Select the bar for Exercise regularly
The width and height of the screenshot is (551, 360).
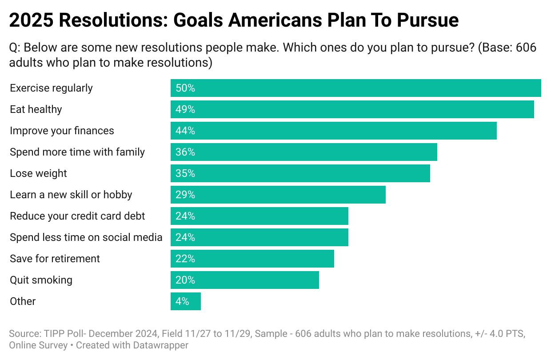355,88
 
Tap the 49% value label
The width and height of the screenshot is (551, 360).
185,109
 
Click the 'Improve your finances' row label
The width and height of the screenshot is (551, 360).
62,131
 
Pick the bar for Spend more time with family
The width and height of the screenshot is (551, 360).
303,152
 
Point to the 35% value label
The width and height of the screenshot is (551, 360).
185,173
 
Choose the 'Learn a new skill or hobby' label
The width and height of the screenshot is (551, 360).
71,195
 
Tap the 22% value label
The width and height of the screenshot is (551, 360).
185,259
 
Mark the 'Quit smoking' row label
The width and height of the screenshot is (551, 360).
41,280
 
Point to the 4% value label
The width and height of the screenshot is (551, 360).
182,301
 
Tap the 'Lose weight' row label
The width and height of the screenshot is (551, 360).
38,173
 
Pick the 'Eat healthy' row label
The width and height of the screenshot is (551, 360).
36,109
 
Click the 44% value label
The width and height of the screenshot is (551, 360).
185,131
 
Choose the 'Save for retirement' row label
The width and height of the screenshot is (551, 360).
55,259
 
